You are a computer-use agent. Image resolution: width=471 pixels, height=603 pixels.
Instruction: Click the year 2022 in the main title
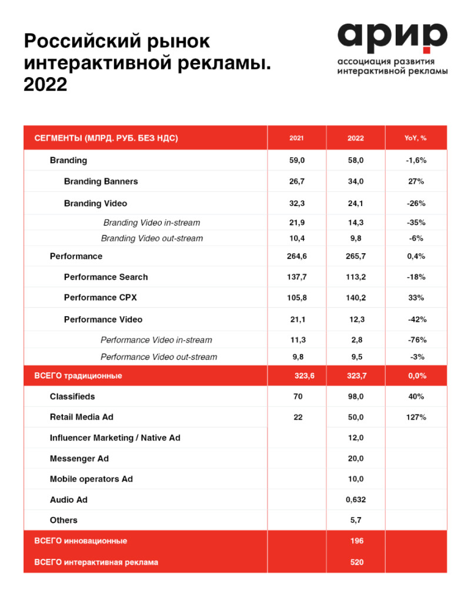[x=45, y=85]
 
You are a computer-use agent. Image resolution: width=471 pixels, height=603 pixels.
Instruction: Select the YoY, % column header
[x=416, y=138]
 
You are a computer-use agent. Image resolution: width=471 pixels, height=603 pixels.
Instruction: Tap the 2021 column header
[x=296, y=138]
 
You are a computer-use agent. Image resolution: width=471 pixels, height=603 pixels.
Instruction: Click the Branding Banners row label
[x=101, y=181]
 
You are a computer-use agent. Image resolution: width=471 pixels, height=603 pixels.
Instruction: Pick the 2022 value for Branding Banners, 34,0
[x=355, y=181]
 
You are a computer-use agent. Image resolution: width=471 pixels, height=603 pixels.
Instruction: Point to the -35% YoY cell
[x=416, y=223]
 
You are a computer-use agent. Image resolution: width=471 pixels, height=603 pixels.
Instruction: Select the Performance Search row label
[x=106, y=277]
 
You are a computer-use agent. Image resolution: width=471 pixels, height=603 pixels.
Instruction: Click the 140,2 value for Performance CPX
[x=355, y=297]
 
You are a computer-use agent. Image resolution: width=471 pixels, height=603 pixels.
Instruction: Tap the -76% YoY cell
[x=416, y=340]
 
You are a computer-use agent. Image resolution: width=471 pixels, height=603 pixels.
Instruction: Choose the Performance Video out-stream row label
[x=159, y=357]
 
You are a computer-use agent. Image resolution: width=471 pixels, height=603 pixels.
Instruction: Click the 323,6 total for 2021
[x=305, y=376]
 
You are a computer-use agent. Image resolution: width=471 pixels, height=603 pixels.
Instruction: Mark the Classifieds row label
[x=72, y=396]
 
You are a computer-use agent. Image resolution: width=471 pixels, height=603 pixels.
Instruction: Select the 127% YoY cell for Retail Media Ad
[x=416, y=417]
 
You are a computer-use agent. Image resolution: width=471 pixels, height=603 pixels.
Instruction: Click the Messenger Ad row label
[x=79, y=458]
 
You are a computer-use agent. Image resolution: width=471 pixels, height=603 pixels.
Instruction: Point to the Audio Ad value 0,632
[x=355, y=500]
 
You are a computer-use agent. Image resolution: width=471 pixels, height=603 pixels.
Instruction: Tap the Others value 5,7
[x=355, y=521]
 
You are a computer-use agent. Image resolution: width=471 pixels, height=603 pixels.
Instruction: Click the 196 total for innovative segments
[x=356, y=541]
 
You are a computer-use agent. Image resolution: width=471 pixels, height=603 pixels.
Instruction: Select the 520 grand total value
[x=356, y=562]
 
